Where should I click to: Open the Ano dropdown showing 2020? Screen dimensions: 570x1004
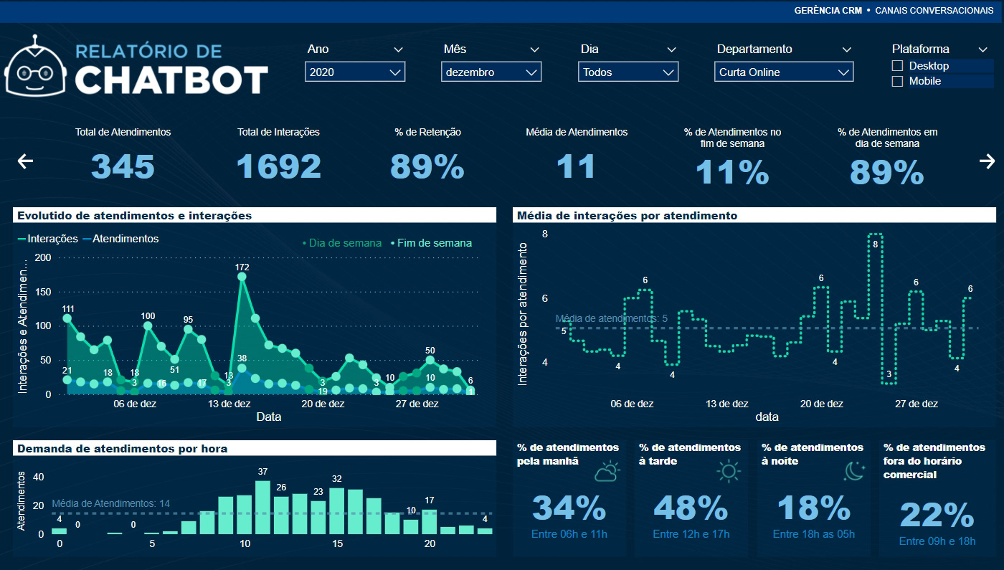(354, 72)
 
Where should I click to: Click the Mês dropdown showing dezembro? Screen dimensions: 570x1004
(491, 72)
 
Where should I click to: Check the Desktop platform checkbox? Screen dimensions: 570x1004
(897, 66)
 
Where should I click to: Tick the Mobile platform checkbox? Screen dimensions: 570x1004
(897, 82)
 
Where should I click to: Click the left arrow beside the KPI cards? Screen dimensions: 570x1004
(25, 161)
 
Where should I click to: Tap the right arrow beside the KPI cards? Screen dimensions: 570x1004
(987, 161)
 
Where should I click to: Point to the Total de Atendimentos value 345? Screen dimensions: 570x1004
(123, 166)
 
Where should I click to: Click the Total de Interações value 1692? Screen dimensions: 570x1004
(278, 166)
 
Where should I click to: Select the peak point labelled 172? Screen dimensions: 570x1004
(242, 276)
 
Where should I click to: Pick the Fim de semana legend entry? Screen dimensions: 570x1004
(431, 243)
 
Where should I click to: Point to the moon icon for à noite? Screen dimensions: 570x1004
(853, 471)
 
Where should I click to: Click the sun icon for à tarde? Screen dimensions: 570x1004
(729, 471)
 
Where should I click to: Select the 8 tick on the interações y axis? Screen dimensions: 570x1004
(545, 234)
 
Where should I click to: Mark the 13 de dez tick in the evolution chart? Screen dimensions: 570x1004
(229, 404)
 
